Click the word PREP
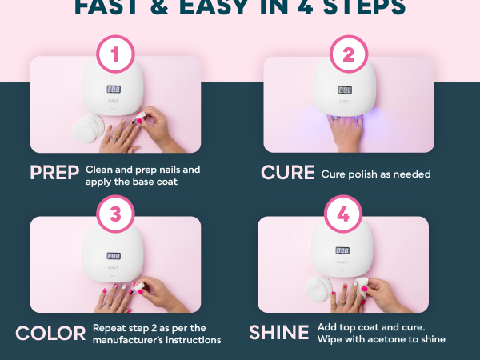[55, 173]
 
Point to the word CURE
[288, 173]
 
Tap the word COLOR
[51, 333]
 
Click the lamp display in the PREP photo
[114, 90]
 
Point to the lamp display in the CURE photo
[346, 90]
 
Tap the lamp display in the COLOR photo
[114, 257]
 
